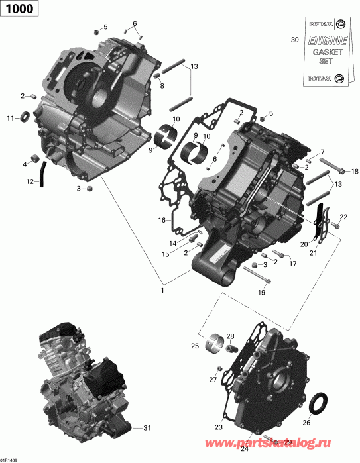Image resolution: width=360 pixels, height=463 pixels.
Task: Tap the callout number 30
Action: pyautogui.click(x=295, y=41)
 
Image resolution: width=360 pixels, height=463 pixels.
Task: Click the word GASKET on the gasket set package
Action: pyautogui.click(x=323, y=52)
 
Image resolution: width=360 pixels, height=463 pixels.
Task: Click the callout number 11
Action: pyautogui.click(x=10, y=119)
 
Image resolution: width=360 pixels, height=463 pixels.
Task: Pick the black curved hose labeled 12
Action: pyautogui.click(x=42, y=174)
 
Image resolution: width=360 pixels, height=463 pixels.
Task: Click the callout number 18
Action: pyautogui.click(x=354, y=170)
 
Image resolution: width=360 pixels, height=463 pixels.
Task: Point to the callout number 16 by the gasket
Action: pyautogui.click(x=161, y=220)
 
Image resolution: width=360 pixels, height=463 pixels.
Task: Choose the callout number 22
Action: pyautogui.click(x=343, y=217)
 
